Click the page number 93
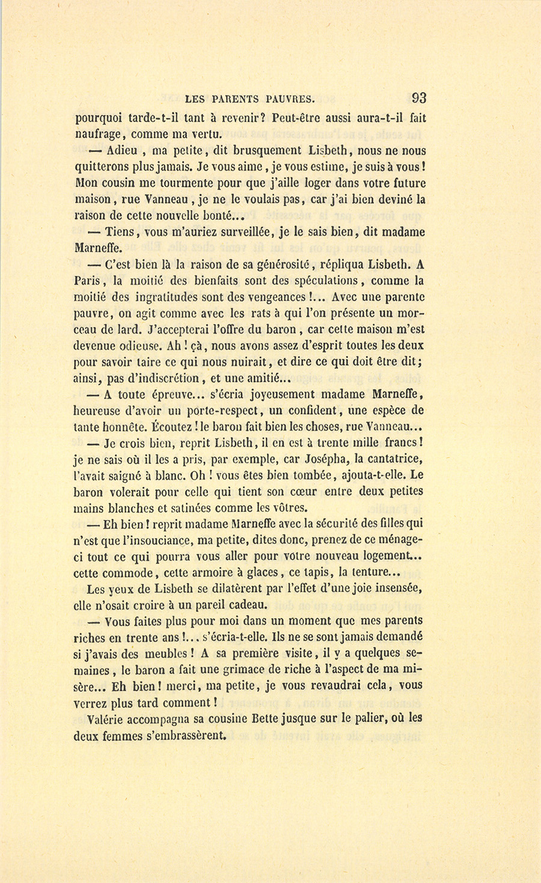coord(419,98)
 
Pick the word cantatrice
coord(389,459)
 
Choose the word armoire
coord(220,572)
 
